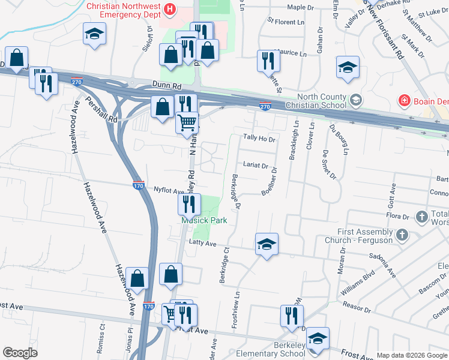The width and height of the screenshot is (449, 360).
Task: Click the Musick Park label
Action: pos(205,220)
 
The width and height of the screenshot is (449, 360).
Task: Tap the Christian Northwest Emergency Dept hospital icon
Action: pos(170,9)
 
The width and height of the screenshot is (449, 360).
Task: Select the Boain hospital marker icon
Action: pos(405,100)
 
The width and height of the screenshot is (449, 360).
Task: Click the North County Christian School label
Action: pos(322,101)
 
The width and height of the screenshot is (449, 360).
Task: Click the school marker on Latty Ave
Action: pos(267,244)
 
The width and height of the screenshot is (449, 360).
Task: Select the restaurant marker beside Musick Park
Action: pos(188,205)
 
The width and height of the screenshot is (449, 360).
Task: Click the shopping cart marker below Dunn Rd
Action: pos(187,122)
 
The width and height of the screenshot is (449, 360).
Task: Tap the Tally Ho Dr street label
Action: pos(259,139)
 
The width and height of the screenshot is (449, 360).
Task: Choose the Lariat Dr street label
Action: pos(255,165)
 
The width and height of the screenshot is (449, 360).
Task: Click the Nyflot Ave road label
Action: pos(169,190)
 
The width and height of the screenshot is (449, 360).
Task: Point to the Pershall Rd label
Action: pos(101,110)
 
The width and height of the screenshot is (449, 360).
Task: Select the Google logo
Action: pos(20,353)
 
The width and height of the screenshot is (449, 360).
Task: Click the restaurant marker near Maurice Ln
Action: pos(267,61)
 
